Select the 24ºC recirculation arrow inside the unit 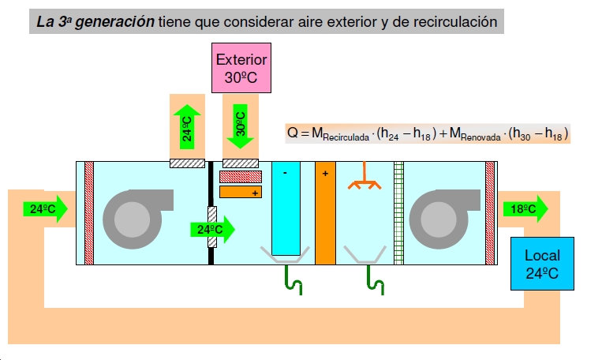click(x=212, y=230)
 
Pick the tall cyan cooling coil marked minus click(x=286, y=208)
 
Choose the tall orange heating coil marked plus click(x=325, y=213)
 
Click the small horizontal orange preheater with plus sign click(x=241, y=191)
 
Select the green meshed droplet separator click(x=398, y=212)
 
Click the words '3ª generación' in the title click(x=109, y=22)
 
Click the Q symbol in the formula click(x=293, y=133)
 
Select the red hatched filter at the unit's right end click(x=490, y=212)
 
